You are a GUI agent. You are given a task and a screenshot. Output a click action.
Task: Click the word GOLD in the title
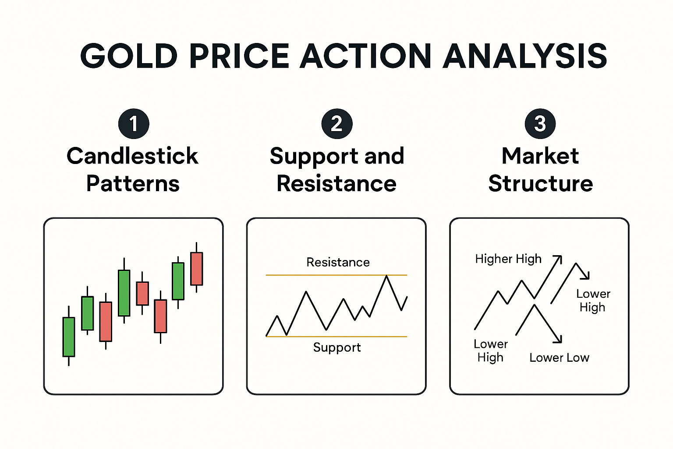129,56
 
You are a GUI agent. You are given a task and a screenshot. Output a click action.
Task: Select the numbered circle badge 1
134,124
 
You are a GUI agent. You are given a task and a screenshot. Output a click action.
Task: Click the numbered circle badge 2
336,124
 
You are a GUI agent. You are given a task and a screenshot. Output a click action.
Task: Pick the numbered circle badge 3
540,124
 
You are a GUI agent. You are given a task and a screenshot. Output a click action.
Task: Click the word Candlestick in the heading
132,156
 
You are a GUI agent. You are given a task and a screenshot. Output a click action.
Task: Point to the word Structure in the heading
541,183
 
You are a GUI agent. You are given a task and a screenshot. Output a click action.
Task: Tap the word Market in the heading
540,156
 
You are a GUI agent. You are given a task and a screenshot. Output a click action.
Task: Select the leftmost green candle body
69,337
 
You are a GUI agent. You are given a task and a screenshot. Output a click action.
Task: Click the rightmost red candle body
197,269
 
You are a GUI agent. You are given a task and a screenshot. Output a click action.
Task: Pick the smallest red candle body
142,293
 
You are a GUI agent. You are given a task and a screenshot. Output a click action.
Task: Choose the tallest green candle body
124,293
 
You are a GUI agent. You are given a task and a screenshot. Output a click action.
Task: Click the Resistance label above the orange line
338,262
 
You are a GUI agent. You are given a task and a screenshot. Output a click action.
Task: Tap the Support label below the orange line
336,347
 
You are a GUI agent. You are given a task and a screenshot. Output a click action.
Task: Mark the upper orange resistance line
307,275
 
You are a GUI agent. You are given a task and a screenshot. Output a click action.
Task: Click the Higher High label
508,259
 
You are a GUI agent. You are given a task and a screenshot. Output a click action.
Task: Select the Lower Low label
559,357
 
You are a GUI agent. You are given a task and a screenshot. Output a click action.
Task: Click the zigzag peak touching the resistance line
386,276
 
